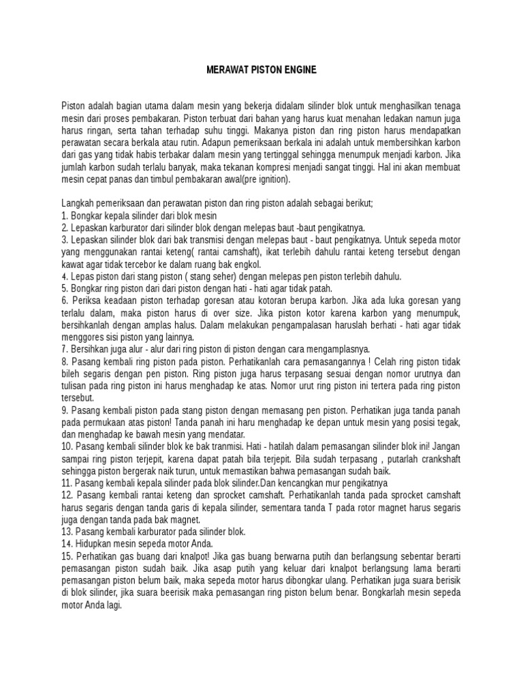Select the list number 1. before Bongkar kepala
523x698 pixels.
(x=65, y=215)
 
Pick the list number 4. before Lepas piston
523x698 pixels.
(x=65, y=276)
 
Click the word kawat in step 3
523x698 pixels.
(x=73, y=264)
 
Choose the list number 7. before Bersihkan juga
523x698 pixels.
(x=65, y=348)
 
